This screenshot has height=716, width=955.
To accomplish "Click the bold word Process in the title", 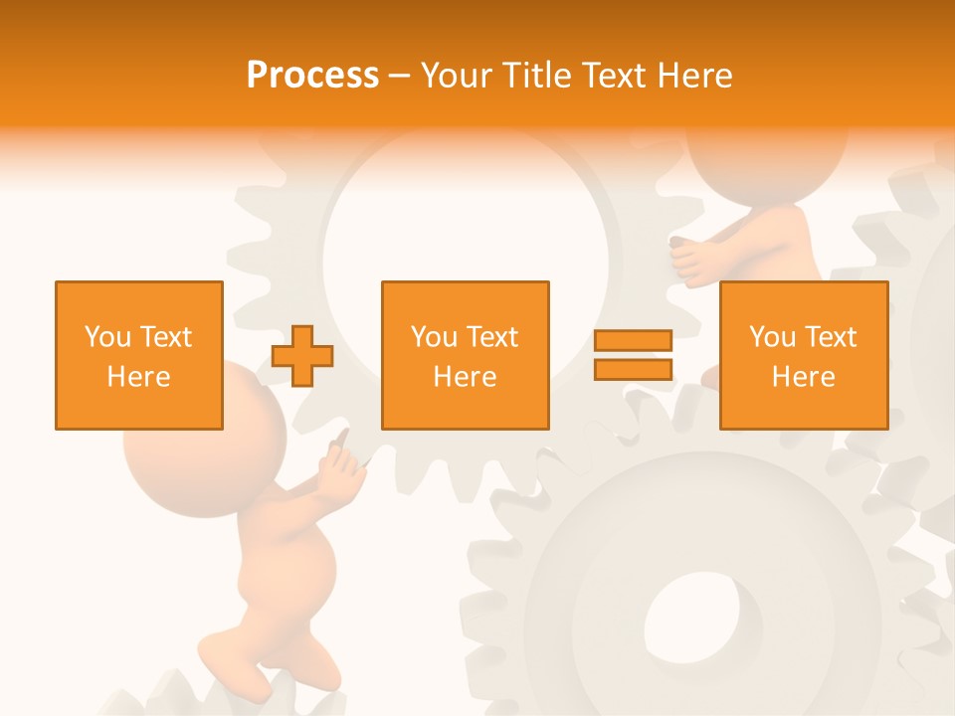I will [312, 76].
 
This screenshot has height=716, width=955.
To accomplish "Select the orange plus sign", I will [302, 355].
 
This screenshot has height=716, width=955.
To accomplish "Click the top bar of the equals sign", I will [633, 341].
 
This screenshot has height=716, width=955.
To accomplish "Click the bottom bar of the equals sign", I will [633, 369].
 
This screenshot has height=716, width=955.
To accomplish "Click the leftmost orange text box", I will [138, 355].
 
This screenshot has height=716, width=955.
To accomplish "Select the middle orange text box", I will [465, 355].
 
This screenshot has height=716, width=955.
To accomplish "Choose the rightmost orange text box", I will [803, 355].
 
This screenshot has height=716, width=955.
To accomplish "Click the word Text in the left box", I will [166, 337].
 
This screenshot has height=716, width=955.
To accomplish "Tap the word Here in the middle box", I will [465, 377].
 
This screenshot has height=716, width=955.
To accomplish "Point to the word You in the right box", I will [772, 337].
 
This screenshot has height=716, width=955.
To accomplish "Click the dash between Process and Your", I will [400, 76].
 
